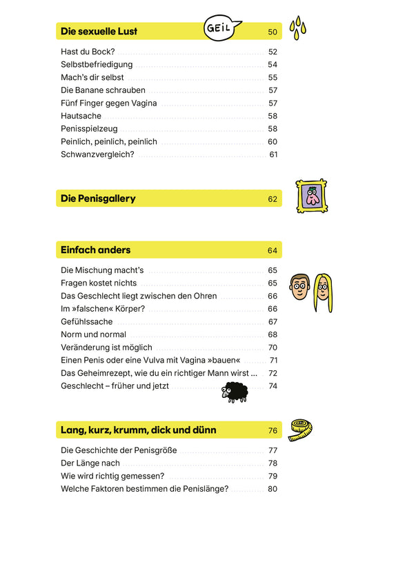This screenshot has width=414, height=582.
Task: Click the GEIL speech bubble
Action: click(x=223, y=28)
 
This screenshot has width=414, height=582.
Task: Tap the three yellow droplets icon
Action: click(x=297, y=28)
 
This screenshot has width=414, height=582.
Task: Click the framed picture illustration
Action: click(x=311, y=197)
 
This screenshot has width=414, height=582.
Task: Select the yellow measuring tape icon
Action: click(x=301, y=430)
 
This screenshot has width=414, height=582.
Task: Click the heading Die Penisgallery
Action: click(x=98, y=199)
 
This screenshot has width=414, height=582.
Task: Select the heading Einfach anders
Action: click(x=95, y=250)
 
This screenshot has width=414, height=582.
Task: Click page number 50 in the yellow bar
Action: click(x=272, y=32)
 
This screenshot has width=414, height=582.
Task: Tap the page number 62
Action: click(x=272, y=199)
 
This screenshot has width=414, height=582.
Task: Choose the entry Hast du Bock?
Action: click(x=88, y=52)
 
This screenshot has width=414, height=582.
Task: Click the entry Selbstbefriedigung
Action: click(x=97, y=65)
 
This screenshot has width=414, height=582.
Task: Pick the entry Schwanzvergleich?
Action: click(x=97, y=154)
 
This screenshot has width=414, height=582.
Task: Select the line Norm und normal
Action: click(x=93, y=334)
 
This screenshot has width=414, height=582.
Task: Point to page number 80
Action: click(x=272, y=489)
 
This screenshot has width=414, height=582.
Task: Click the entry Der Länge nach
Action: click(x=90, y=463)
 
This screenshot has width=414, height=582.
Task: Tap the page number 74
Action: click(x=273, y=386)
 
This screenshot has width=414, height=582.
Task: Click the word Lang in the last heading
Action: click(x=72, y=430)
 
